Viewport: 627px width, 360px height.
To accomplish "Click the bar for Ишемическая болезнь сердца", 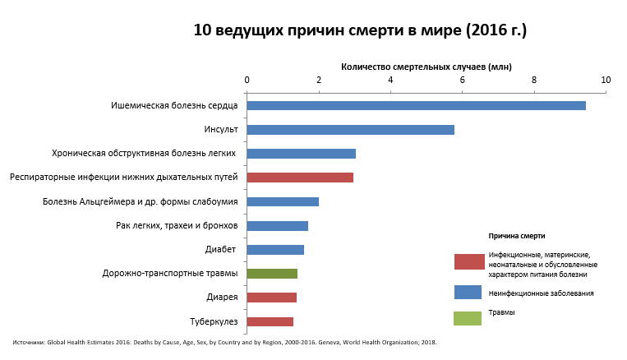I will [416, 105].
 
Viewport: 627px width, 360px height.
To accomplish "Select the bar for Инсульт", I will [350, 130].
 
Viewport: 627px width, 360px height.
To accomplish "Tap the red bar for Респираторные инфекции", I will [300, 178].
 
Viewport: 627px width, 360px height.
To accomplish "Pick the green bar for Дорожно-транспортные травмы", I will [272, 274].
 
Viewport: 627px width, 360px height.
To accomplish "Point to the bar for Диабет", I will [275, 250].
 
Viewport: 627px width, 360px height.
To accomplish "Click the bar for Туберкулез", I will [270, 321].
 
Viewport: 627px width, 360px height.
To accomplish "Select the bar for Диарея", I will [271, 298].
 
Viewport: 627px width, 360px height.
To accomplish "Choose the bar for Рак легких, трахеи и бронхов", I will [277, 226].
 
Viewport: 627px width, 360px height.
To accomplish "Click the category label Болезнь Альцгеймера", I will [141, 201].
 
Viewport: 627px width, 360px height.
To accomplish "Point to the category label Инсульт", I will [221, 130].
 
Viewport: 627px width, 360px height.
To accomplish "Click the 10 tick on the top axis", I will [606, 80].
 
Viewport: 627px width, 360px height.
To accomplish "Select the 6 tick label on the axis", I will [462, 80].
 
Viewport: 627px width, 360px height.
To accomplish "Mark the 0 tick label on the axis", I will [247, 80].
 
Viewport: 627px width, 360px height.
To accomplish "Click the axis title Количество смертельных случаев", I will [426, 66].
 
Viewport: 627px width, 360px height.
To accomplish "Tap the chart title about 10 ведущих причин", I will [360, 30].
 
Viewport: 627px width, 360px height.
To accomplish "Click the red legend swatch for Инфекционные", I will [468, 262].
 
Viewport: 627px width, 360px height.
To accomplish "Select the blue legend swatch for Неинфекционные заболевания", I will [468, 292].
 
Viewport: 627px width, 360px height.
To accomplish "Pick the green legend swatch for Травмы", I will [468, 318].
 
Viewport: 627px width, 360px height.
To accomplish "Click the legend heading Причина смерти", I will [517, 236].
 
